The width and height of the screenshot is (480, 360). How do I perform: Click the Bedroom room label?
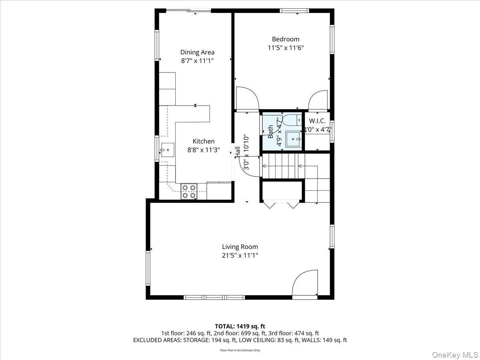286,39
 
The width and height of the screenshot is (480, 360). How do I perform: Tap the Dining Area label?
197,52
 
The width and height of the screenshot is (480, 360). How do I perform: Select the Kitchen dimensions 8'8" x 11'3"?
204,150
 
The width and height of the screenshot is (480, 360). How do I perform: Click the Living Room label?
240,247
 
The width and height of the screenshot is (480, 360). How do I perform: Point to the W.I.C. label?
317,121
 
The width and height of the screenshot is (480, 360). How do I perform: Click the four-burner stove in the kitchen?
189,191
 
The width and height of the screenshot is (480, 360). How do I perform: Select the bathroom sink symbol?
295,139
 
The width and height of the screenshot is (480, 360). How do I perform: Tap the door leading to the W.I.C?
318,100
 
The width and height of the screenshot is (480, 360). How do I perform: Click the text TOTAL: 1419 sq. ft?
240,326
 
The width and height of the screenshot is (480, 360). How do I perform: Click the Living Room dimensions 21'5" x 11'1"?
240,256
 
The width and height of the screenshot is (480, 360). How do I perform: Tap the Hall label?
238,151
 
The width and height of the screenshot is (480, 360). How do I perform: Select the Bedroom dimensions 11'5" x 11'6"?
286,48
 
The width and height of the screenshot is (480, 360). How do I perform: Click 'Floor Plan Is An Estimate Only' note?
240,350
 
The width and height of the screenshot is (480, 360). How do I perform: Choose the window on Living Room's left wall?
148,268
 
